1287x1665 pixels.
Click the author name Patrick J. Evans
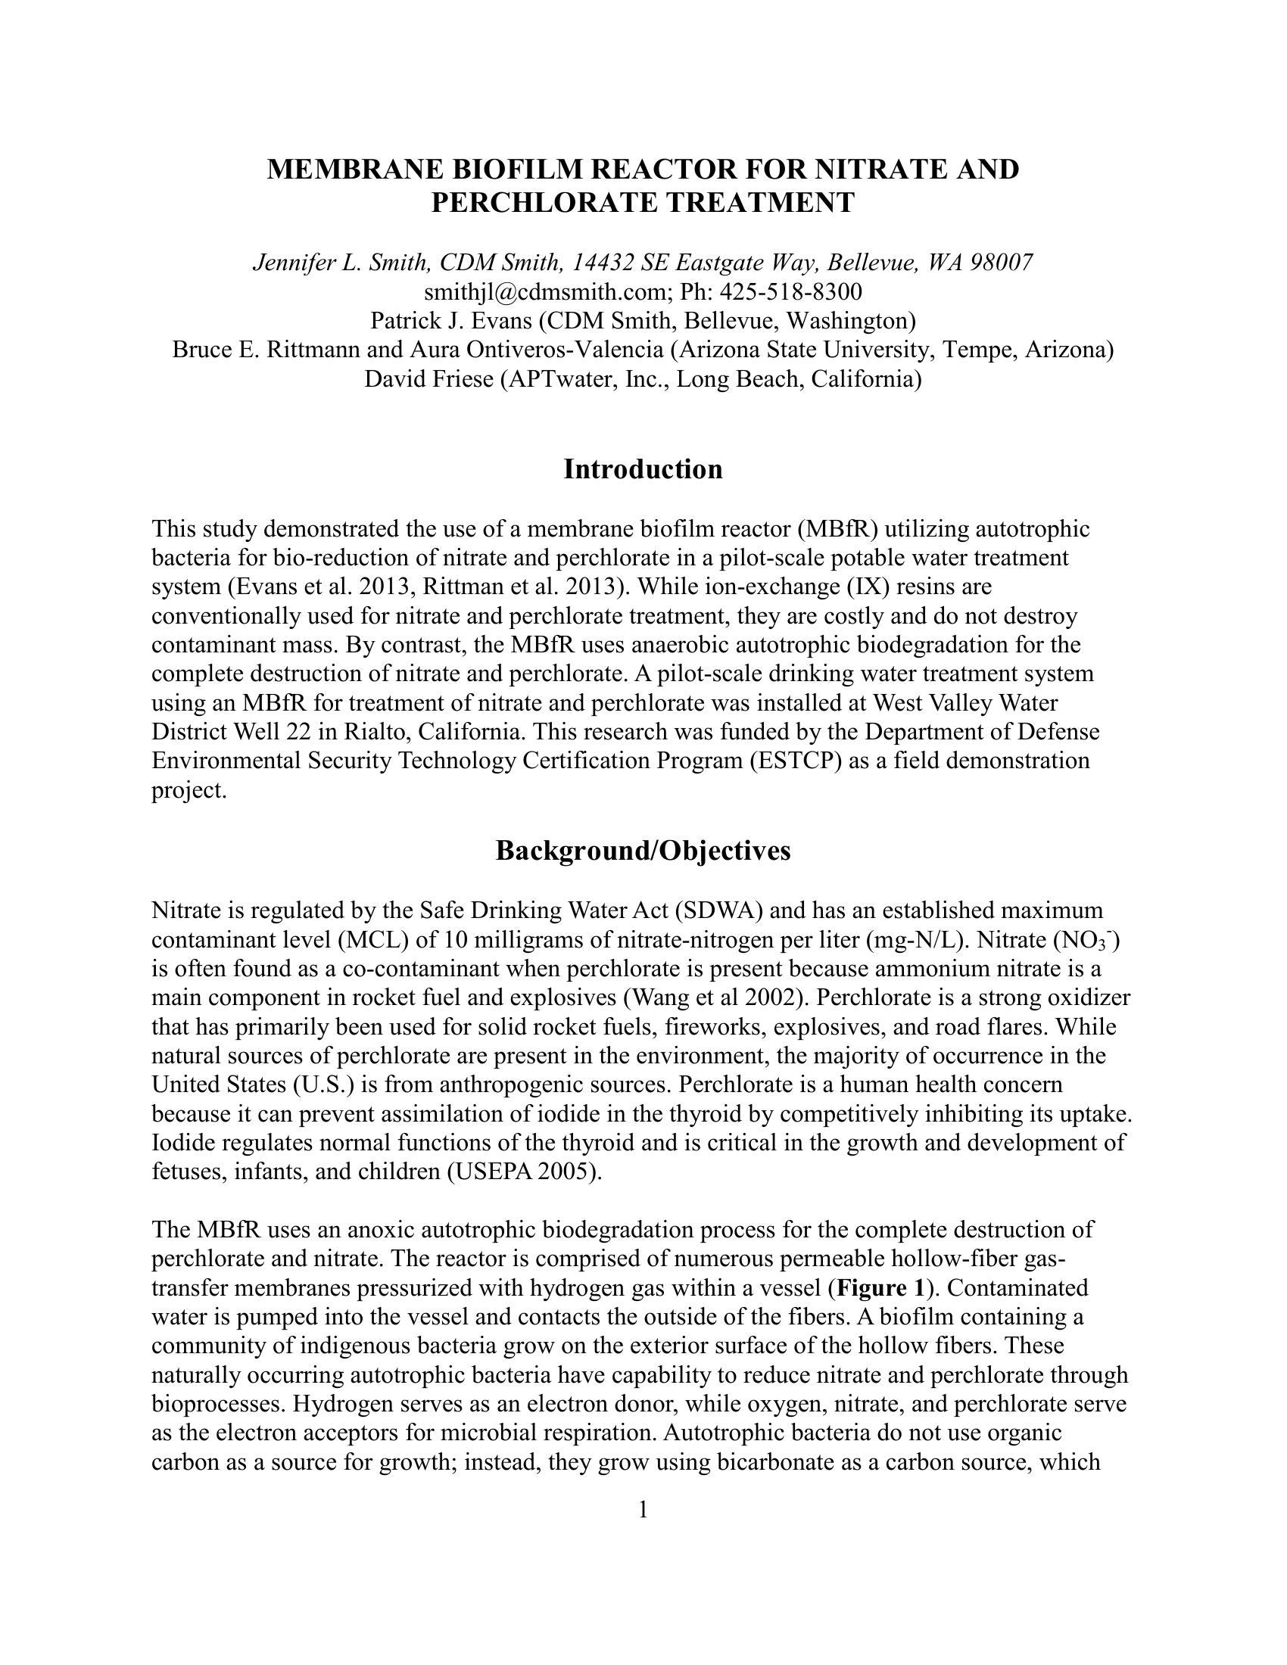pyautogui.click(x=450, y=321)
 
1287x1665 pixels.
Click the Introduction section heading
pyautogui.click(x=643, y=470)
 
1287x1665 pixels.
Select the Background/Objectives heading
pyautogui.click(x=643, y=851)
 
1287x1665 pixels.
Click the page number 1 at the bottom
pyautogui.click(x=643, y=1510)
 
